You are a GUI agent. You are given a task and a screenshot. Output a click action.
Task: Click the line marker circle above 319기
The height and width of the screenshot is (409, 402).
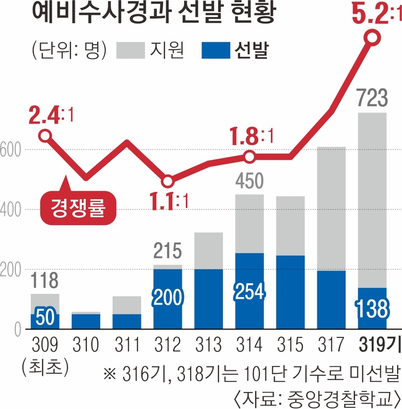[372, 38]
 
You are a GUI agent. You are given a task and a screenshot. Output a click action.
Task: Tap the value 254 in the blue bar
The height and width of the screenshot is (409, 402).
[249, 290]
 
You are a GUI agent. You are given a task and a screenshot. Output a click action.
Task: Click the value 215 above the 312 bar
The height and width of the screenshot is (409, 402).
[167, 252]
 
